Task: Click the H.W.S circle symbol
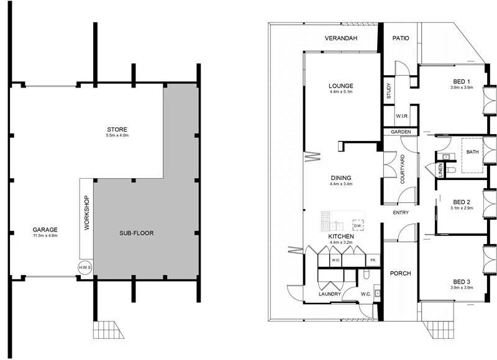coord(84,268)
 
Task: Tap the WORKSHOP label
coord(86,214)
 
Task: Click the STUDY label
coord(389,92)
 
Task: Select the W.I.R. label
coord(401,117)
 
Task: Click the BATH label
coord(473,152)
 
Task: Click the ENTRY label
coord(401,214)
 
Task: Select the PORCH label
coord(401,273)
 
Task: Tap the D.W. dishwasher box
coord(357,225)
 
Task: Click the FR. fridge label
coord(373,260)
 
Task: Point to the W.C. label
coord(366,294)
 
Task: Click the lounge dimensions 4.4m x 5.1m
coord(341,92)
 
